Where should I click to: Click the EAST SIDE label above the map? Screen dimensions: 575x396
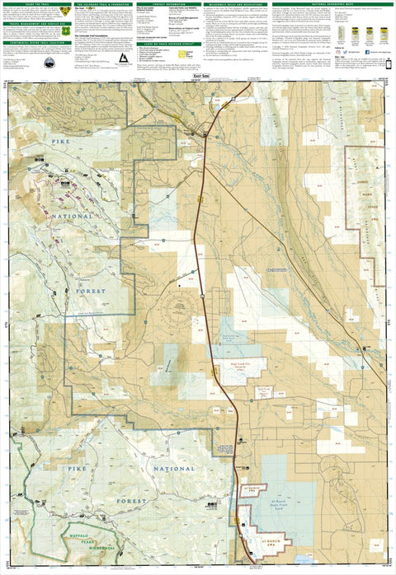198,77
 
